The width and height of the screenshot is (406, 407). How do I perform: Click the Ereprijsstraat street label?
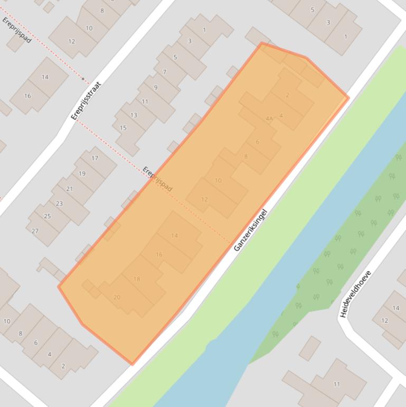(86, 100)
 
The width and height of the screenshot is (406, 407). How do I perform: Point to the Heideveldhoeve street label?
(356, 294)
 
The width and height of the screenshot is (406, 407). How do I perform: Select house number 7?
(165, 72)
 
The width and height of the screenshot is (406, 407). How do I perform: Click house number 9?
(156, 87)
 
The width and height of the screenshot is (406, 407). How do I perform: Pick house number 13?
(134, 115)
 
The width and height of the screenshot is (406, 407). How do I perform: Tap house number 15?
(123, 128)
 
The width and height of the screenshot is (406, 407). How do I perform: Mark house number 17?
(95, 158)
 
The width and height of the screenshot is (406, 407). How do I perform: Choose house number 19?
(82, 173)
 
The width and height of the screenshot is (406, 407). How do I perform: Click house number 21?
(70, 189)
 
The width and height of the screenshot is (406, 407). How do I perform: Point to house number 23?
(59, 203)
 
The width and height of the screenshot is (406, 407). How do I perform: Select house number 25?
(47, 216)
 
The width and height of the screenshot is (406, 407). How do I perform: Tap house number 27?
(35, 231)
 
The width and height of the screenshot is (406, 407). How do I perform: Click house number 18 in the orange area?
(137, 279)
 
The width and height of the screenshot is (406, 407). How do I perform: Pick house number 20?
(117, 297)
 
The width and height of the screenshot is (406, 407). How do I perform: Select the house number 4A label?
(269, 119)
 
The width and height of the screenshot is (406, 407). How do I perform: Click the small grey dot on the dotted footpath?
(83, 79)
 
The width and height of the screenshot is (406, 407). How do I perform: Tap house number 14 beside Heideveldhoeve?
(396, 308)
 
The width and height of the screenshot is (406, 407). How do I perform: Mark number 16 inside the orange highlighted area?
(159, 255)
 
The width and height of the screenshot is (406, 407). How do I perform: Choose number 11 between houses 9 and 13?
(145, 101)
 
